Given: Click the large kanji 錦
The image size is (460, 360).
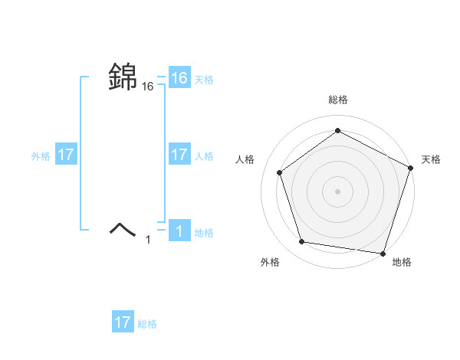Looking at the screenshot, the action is point(123,77).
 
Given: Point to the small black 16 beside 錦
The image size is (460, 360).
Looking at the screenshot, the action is point(148,87).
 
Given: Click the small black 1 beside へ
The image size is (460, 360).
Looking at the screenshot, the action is point(149,240).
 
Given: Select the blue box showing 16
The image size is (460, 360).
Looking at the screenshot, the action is point(179,78).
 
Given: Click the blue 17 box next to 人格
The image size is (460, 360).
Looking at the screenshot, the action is point(179,155).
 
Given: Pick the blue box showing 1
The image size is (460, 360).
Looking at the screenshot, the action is point(179,231).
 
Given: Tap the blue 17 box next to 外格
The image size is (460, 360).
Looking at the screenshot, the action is point(66,155).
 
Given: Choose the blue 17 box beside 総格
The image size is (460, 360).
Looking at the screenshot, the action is point(123,322).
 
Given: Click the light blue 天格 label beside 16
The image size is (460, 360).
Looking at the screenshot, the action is point(204,80).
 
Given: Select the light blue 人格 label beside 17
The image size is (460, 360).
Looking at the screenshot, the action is point(204,156).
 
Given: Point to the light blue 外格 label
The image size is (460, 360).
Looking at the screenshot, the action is point(41,156).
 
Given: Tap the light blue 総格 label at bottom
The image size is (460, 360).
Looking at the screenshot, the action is point(147,324).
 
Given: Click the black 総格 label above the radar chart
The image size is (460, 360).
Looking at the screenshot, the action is point(337,100).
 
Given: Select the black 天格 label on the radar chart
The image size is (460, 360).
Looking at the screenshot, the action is point(431,159).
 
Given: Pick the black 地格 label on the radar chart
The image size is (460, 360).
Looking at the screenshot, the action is point(402,262).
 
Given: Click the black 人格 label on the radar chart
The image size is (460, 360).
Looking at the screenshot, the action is point(245,159).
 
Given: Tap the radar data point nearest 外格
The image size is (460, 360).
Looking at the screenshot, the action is point(303,242).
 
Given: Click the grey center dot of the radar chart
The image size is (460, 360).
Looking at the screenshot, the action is point(337,190).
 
